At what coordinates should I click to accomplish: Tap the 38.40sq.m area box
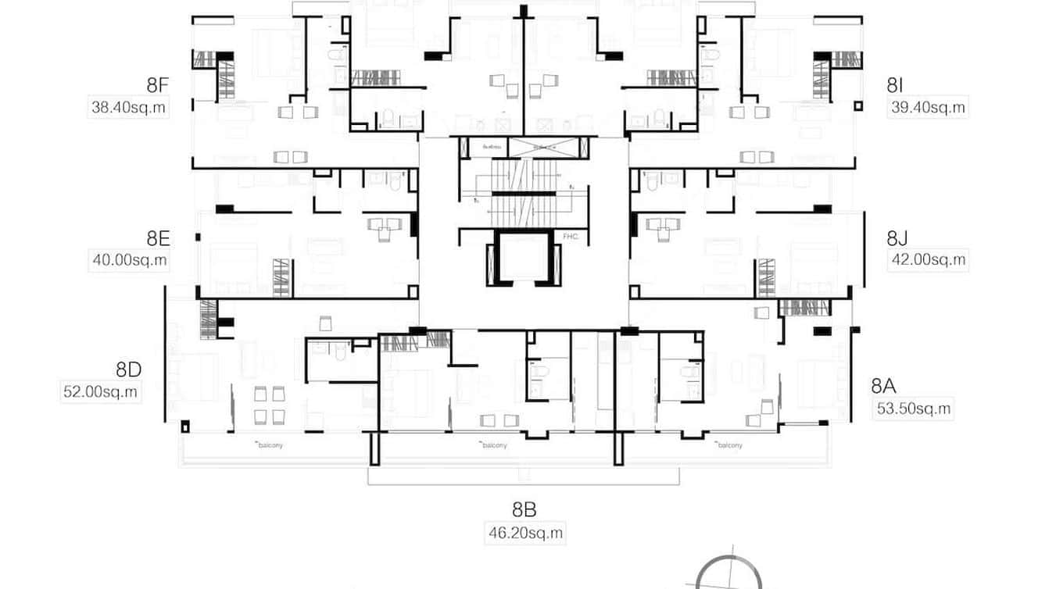(129, 108)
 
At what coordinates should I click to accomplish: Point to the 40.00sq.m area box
(129, 260)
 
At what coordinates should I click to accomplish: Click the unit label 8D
(128, 369)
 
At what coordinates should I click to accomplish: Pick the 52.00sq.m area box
(100, 392)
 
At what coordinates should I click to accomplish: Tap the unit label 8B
(524, 510)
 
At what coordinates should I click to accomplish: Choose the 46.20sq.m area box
(524, 534)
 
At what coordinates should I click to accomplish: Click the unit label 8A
(883, 385)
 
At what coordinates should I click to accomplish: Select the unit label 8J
(898, 238)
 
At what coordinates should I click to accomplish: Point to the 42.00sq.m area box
(928, 260)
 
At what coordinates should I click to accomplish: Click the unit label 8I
(896, 86)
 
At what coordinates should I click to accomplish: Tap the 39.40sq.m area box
(928, 108)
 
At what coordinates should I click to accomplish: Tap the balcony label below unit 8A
(729, 445)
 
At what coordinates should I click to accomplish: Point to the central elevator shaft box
(524, 260)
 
